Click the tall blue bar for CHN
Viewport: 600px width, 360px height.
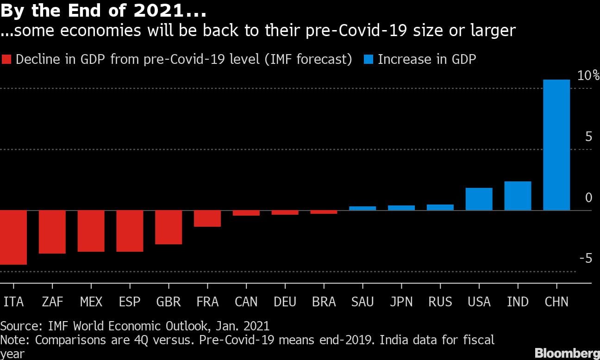click(556, 145)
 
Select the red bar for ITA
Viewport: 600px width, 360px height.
click(13, 237)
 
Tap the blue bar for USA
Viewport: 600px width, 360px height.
click(479, 199)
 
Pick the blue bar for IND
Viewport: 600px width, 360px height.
click(518, 196)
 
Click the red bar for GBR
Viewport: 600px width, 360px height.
click(169, 227)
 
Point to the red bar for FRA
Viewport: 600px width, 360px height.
click(207, 218)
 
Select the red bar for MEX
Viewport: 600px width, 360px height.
click(91, 231)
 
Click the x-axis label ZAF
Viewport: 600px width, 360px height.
click(52, 302)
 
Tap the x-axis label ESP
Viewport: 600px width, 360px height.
click(130, 302)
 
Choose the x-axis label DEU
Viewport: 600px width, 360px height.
click(285, 302)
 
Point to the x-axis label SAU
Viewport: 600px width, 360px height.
click(362, 302)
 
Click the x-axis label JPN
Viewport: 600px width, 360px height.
click(401, 302)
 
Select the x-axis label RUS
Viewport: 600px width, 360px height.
click(440, 302)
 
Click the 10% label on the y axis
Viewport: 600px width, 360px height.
click(588, 76)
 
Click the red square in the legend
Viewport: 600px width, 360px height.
click(7, 60)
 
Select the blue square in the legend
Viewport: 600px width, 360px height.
click(369, 60)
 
